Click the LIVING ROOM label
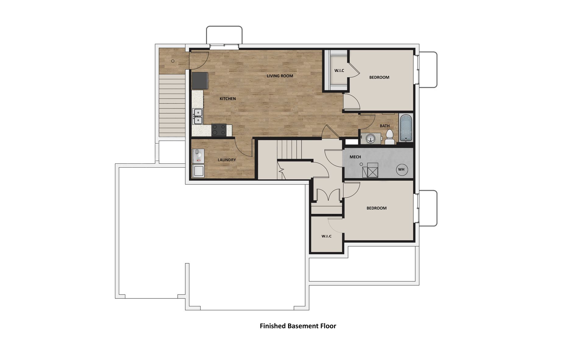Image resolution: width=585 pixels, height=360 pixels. [x=280, y=76]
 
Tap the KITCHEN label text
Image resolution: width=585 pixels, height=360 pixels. [x=228, y=99]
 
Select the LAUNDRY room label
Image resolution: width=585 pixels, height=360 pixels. [x=227, y=160]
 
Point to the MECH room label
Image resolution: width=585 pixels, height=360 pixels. [x=355, y=157]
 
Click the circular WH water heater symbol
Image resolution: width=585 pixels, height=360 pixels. [x=401, y=169]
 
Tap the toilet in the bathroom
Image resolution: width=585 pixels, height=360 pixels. [x=390, y=137]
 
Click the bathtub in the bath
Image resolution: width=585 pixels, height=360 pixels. [x=406, y=128]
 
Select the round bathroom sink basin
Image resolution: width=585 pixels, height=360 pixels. [x=371, y=138]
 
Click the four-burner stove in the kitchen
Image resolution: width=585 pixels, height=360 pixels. [x=219, y=130]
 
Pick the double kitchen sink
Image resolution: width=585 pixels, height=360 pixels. [x=198, y=117]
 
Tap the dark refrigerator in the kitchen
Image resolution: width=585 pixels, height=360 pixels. [x=200, y=80]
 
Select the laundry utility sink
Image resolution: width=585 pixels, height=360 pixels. [x=198, y=171]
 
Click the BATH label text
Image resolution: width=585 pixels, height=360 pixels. [x=385, y=126]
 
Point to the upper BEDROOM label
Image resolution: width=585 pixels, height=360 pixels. [x=379, y=77]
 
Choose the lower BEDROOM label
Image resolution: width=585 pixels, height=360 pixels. [x=376, y=208]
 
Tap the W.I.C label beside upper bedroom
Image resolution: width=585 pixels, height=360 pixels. [x=339, y=70]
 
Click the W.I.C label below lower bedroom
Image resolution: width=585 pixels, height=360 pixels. [x=326, y=236]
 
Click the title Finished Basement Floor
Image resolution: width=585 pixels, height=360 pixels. [x=298, y=326]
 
